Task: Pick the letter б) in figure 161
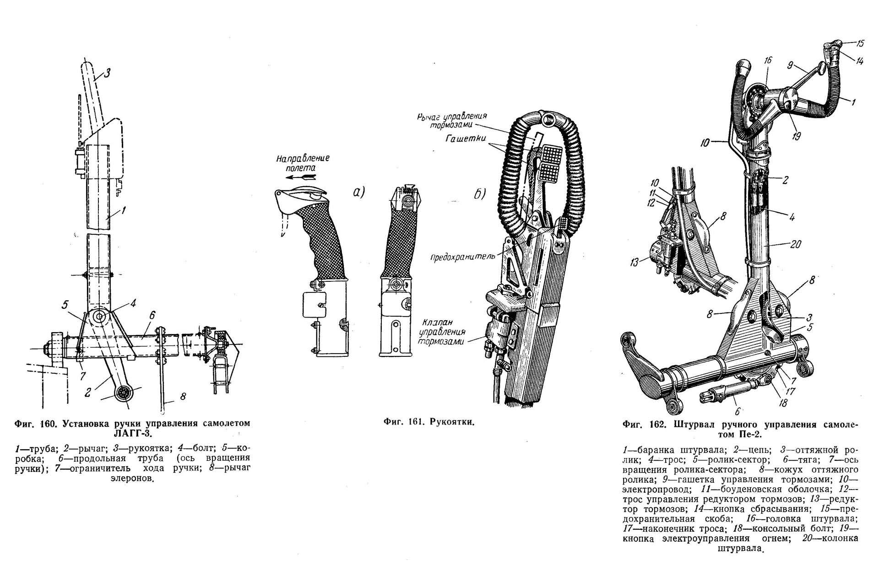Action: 479,194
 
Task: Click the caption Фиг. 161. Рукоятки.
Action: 429,421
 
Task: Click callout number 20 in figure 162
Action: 796,244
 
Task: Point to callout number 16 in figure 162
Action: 768,60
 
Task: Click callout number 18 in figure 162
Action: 783,403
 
